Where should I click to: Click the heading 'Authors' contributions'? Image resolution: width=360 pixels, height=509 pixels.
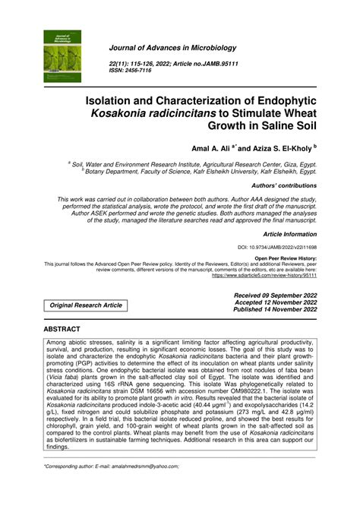[282, 185]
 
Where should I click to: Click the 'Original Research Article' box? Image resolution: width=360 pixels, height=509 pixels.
[86, 305]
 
